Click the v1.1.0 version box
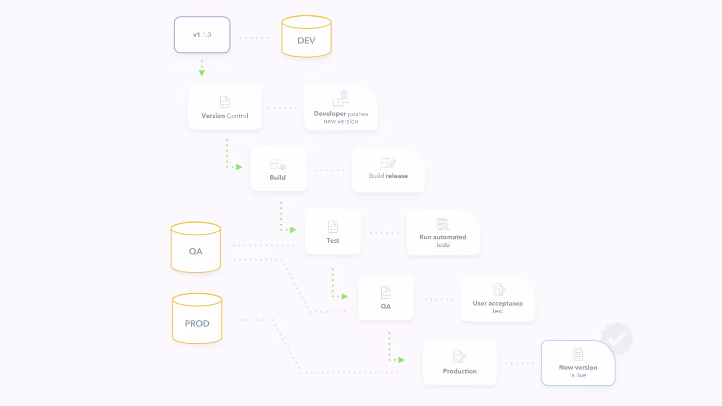202,35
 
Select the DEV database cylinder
306,37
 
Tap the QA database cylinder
196,247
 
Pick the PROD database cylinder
197,318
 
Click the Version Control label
225,115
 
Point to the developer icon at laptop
341,98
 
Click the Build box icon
278,164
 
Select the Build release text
388,176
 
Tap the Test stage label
333,241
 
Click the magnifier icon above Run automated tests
443,224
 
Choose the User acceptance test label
498,307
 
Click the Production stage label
460,371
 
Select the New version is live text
578,371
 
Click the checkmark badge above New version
616,338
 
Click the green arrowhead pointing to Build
239,167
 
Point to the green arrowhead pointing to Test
293,230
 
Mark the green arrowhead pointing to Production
401,360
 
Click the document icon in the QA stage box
385,293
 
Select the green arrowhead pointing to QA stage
345,296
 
